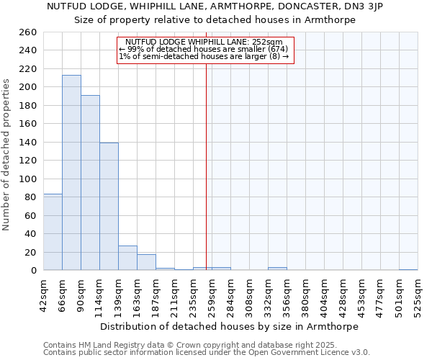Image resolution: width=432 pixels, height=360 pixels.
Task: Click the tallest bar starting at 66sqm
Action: pos(71,173)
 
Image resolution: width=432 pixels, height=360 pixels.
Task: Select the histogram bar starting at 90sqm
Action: pos(90,183)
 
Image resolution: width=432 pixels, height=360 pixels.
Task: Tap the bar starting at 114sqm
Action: pos(109,207)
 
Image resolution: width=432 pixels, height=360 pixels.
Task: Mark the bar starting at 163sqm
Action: pos(146,262)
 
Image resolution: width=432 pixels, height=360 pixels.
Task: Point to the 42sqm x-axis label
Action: pos(43,294)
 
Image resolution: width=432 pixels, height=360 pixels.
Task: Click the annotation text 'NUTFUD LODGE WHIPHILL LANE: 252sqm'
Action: pos(204,42)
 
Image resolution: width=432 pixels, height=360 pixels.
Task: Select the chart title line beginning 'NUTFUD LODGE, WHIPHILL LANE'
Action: pos(215,6)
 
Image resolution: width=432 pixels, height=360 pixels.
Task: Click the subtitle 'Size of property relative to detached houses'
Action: pos(215,20)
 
